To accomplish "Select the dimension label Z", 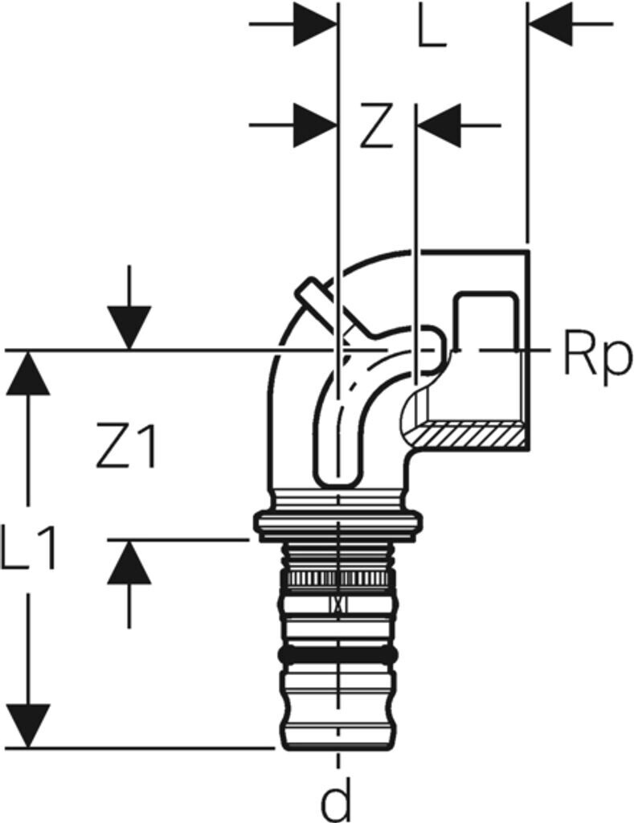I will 375,126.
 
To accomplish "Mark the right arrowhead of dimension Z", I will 439,126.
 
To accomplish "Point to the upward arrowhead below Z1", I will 129,561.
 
